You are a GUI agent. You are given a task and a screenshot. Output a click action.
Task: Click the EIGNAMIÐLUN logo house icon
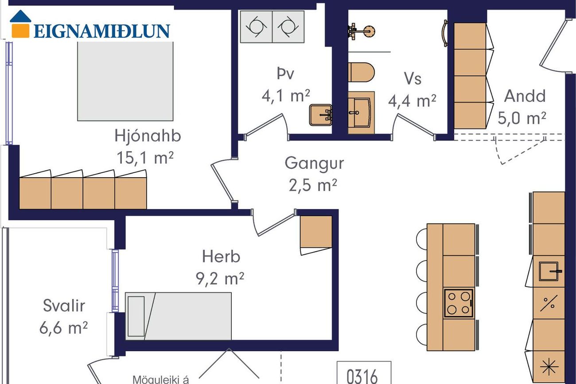click(x=20, y=24)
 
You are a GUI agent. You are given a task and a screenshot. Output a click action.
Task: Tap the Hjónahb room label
click(x=148, y=136)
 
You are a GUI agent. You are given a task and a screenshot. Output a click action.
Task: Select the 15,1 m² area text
click(x=145, y=158)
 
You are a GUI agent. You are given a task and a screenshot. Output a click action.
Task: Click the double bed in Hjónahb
click(x=125, y=81)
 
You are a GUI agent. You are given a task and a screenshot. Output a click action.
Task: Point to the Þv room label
click(x=285, y=74)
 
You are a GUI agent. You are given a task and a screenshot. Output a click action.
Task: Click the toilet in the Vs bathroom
click(x=361, y=72)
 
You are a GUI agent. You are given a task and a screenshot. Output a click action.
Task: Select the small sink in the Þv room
click(x=321, y=115)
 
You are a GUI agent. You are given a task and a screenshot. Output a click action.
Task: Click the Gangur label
click(x=314, y=163)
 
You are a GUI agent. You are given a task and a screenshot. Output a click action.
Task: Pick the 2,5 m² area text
click(x=313, y=185)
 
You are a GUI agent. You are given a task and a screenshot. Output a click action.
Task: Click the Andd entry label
click(x=525, y=96)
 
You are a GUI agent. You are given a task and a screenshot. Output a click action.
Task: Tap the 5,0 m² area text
click(x=522, y=118)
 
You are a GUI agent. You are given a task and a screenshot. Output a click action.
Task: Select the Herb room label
click(x=221, y=256)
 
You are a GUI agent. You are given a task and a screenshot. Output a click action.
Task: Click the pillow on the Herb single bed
click(x=136, y=316)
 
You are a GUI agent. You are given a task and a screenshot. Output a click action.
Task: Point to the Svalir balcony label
click(x=64, y=306)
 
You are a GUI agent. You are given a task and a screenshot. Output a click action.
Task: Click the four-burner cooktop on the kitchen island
click(x=459, y=303)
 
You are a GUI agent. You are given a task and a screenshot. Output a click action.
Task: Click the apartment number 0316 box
click(x=364, y=372)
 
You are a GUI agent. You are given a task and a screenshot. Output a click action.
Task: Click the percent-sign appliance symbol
click(x=549, y=303)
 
